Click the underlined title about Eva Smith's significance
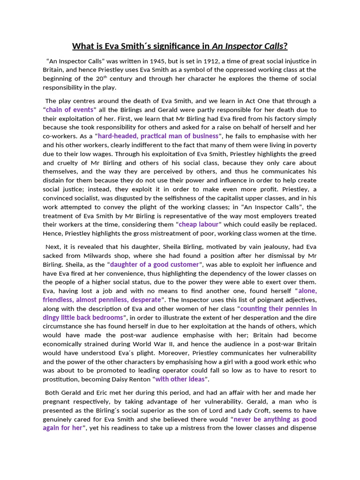180,46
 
